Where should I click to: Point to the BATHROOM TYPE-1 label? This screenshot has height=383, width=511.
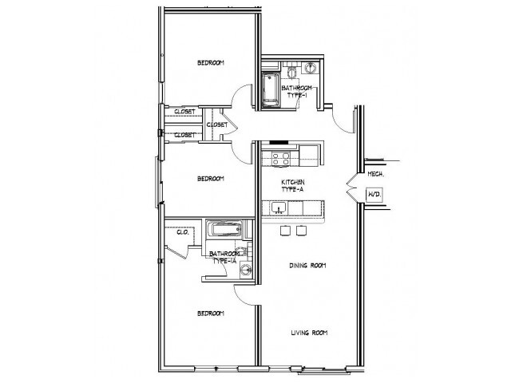coord(297,91)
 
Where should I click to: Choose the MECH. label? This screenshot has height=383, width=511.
coord(375,173)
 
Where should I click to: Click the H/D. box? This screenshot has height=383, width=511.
coord(374,194)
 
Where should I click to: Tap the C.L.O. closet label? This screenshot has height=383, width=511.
coord(181,232)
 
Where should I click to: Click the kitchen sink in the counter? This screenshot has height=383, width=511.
coord(276,209)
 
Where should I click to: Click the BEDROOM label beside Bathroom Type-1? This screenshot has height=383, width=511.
coord(211,62)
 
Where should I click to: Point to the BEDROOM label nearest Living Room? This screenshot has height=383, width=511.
coord(211,313)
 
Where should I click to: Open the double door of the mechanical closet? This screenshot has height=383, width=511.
coord(351,187)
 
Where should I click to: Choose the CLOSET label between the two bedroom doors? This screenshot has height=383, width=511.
coord(216,125)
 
